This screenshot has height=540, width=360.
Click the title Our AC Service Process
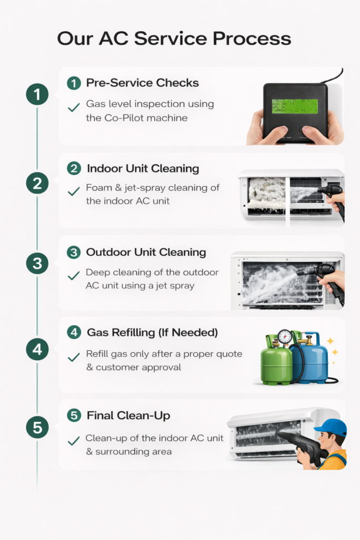(x=174, y=39)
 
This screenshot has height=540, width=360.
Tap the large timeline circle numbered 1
(x=37, y=95)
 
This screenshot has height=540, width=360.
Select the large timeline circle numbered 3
(x=37, y=263)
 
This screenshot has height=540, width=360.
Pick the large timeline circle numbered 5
(x=37, y=427)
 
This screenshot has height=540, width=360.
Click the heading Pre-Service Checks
(x=142, y=83)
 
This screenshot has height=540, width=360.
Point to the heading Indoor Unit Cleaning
(x=142, y=169)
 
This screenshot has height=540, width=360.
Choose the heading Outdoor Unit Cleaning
(x=146, y=252)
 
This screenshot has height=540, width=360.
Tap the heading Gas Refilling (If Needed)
(x=152, y=333)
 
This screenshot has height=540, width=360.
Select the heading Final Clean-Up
(x=128, y=416)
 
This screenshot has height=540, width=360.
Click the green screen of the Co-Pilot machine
(x=295, y=106)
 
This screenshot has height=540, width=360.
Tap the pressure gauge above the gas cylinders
(x=285, y=336)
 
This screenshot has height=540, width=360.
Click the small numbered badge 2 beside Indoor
(x=74, y=169)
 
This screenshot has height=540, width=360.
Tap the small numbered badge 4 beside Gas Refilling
(x=74, y=333)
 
